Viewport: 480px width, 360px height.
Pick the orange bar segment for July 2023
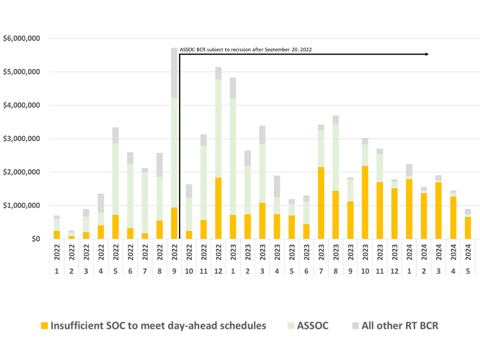[321, 203]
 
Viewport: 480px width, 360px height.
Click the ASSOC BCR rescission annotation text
[246, 50]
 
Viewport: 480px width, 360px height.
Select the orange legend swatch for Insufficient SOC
[44, 326]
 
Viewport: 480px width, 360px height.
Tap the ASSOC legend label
[312, 326]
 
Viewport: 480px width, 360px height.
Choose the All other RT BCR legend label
[400, 326]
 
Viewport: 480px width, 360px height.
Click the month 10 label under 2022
[189, 271]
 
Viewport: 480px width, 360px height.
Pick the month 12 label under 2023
[395, 271]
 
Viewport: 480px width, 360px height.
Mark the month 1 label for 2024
[409, 271]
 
